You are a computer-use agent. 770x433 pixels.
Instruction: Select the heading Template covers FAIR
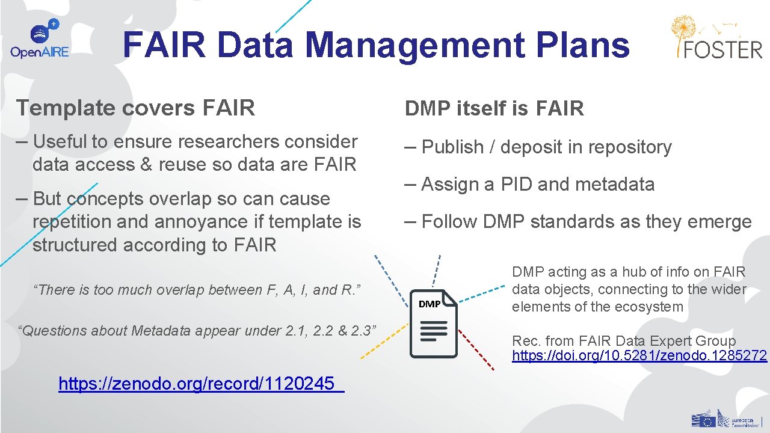click(x=136, y=108)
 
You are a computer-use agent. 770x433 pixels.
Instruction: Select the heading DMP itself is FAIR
click(x=494, y=109)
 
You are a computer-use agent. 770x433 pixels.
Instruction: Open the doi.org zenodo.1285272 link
click(x=639, y=355)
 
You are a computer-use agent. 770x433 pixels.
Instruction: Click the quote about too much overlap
click(x=198, y=290)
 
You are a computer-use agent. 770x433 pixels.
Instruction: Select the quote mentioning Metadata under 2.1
click(x=198, y=330)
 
